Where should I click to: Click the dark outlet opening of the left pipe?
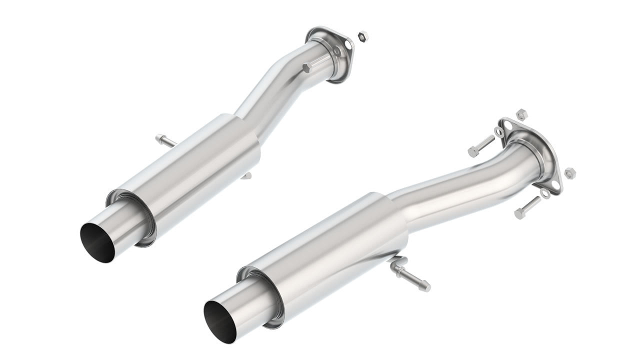(98, 240)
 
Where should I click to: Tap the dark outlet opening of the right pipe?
(221, 318)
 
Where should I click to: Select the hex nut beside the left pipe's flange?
(363, 36)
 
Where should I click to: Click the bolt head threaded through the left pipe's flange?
(307, 68)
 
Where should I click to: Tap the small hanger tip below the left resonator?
(246, 175)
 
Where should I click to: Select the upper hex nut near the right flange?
(521, 113)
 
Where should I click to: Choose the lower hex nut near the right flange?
(570, 173)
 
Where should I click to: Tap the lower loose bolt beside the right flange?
(526, 207)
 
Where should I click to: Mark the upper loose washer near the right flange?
(499, 131)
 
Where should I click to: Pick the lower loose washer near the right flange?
(546, 193)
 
